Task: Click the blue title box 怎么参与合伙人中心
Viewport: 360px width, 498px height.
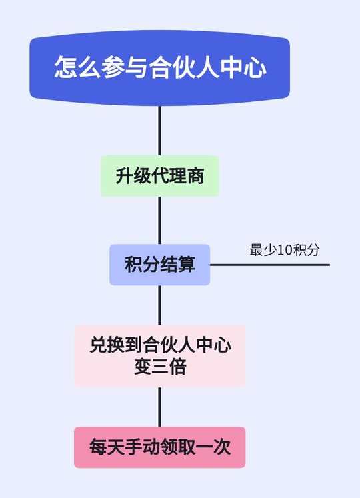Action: pos(160,68)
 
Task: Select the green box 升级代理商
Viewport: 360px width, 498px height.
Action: pos(160,176)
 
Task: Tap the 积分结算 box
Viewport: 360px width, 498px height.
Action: pos(160,265)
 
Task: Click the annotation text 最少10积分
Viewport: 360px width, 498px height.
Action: pos(285,250)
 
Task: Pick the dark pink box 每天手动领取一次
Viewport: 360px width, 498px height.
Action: pos(160,447)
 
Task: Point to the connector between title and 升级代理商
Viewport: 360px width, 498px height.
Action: pos(160,131)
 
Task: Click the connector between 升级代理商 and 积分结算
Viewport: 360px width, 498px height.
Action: pos(160,221)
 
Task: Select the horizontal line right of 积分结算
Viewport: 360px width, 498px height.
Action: pos(270,265)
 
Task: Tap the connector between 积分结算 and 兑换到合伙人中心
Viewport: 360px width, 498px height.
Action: pos(160,305)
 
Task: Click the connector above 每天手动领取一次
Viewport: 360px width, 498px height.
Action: pos(160,407)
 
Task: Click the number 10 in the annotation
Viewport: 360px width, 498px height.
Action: pos(285,250)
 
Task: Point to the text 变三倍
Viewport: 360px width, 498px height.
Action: pos(160,367)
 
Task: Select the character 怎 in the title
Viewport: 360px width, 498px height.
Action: pos(66,67)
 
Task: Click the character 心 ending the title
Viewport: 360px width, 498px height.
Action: pos(254,67)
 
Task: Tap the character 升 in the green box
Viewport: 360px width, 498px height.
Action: pos(124,176)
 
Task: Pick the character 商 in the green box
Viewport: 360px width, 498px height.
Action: pos(195,176)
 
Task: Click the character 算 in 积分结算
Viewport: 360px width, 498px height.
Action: pos(186,265)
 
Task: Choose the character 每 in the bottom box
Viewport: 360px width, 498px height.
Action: pos(98,447)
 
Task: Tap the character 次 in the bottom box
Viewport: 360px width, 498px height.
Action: pos(222,447)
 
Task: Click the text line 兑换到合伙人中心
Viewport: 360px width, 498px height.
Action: pos(160,345)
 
